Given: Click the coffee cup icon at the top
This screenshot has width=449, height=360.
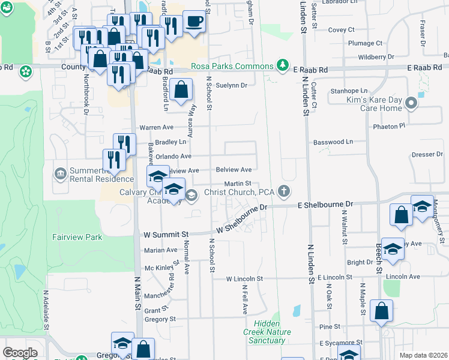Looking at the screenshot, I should [193, 22].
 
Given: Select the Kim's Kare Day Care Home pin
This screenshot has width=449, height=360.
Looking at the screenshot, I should [411, 103].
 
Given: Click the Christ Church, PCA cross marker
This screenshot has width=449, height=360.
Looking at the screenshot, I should [284, 192].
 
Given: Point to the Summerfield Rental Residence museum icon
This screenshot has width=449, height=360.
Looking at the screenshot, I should [61, 174].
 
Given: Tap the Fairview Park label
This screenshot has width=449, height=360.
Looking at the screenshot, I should [77, 237].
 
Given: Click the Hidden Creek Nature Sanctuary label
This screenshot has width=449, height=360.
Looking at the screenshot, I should [267, 336].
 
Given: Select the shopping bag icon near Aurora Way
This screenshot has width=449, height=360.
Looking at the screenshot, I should [181, 91].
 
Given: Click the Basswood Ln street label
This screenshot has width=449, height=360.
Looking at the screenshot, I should [333, 142].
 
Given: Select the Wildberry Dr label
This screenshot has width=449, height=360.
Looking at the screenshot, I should [375, 57].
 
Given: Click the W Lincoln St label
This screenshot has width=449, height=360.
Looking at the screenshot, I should [244, 279].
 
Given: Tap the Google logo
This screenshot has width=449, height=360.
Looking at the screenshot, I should [20, 353].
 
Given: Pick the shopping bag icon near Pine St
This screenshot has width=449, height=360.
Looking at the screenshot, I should [381, 311].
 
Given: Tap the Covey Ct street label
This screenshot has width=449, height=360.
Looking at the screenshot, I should [342, 29].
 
